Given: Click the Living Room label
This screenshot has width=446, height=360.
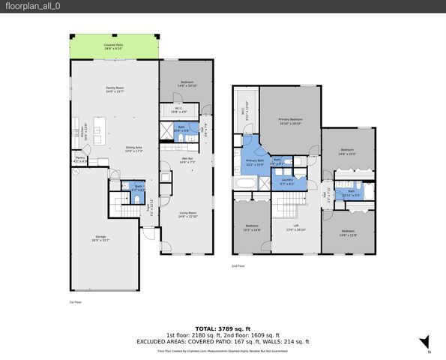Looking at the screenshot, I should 187,214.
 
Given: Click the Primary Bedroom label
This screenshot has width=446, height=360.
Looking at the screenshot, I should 290,121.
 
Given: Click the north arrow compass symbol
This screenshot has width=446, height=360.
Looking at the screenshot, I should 424,342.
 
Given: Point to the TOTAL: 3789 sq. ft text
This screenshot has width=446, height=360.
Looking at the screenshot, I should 223,328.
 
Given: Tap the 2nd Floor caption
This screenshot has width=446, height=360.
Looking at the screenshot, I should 238,265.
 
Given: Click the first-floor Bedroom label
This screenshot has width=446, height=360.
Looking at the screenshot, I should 187,84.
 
